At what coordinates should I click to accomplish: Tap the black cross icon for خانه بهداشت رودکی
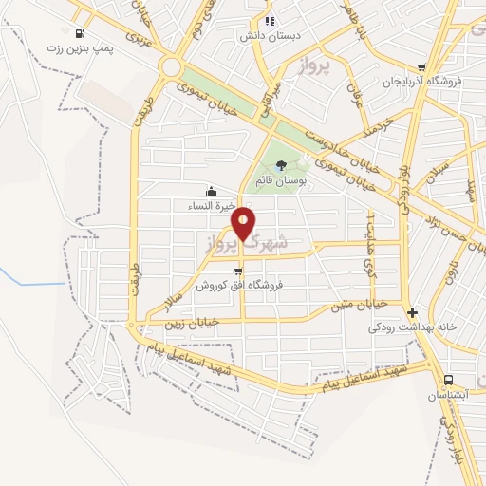(411, 312)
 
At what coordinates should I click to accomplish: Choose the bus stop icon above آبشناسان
(448, 379)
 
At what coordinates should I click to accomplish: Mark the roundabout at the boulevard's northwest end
(172, 67)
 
